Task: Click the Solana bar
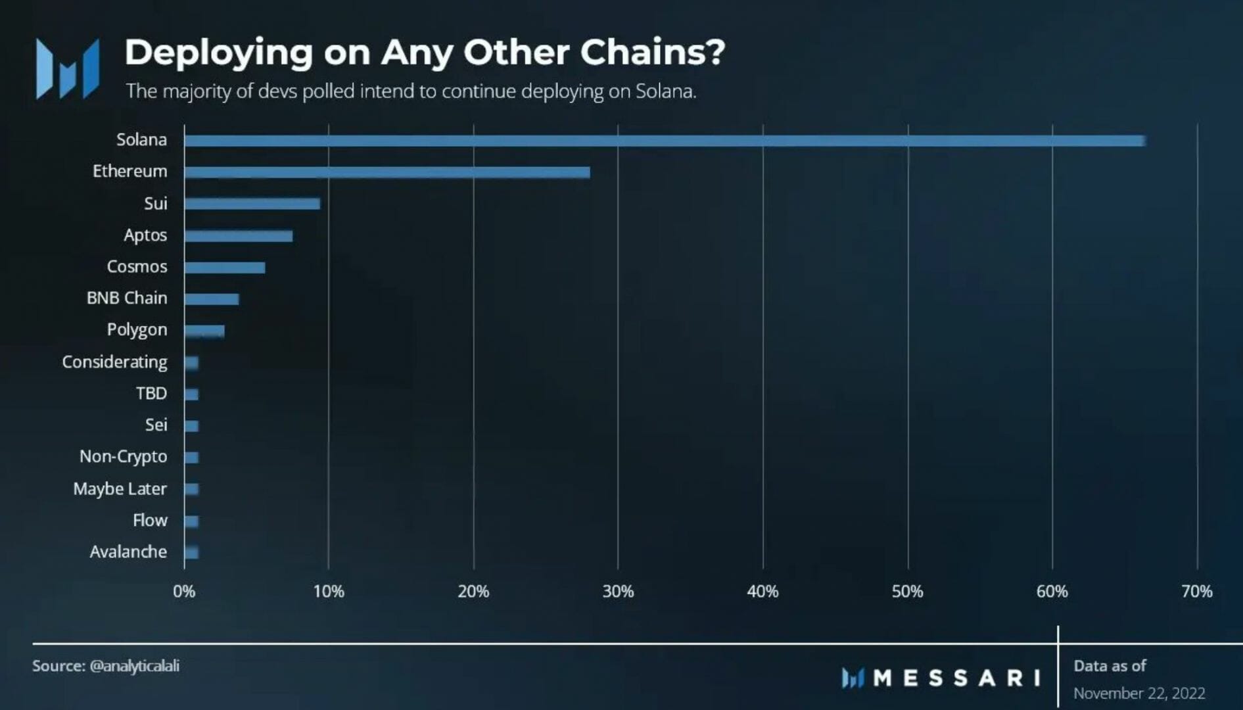(x=664, y=141)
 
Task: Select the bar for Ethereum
(x=387, y=172)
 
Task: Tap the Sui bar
(x=252, y=204)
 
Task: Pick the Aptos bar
(x=238, y=236)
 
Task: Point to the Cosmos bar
(x=224, y=268)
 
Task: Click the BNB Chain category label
(x=127, y=298)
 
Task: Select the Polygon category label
(x=137, y=330)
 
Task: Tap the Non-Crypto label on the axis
(x=123, y=457)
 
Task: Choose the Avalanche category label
(x=128, y=552)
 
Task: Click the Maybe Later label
(x=120, y=489)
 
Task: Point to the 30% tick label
(x=618, y=592)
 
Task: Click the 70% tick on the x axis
(x=1196, y=592)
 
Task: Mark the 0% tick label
(x=184, y=592)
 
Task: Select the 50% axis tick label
(x=907, y=592)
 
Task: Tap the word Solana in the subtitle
(x=665, y=91)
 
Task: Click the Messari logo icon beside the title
(x=67, y=68)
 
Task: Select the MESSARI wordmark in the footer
(x=956, y=678)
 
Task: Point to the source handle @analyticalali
(x=134, y=666)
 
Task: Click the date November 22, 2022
(x=1139, y=694)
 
